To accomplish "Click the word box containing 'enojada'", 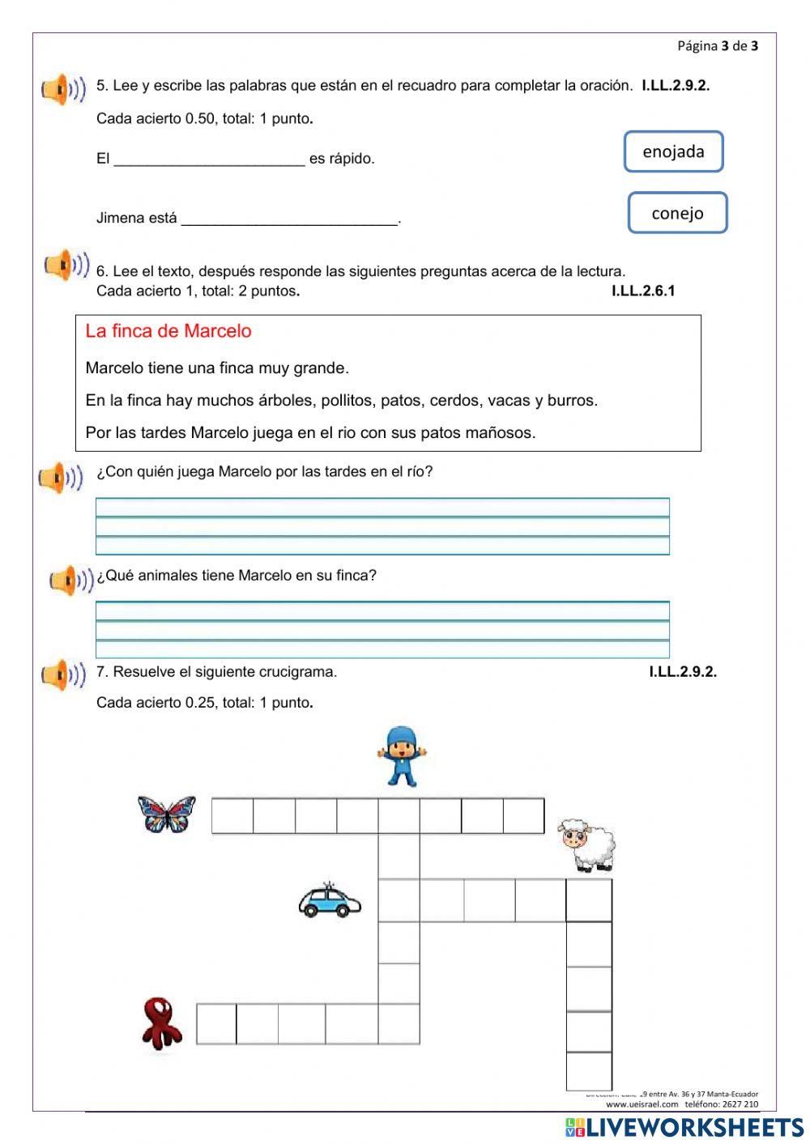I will (x=673, y=151).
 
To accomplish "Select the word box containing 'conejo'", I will (x=677, y=213).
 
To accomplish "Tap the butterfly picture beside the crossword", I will (x=167, y=814).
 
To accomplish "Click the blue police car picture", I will (x=329, y=900).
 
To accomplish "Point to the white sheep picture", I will (x=588, y=844).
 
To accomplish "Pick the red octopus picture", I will (x=161, y=1023).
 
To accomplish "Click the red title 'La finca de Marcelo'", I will (x=168, y=331).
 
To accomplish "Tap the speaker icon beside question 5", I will (x=63, y=90).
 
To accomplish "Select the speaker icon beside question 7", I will (x=63, y=675).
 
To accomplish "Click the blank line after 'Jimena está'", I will (x=290, y=219).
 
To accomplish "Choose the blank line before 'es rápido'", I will (x=209, y=159).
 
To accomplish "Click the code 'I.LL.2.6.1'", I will (x=642, y=291).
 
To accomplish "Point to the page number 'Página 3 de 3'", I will (x=718, y=46).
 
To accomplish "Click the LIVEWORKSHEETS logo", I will (x=684, y=1127).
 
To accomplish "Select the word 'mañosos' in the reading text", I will (x=505, y=433).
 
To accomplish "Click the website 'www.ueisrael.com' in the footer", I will (x=642, y=1104).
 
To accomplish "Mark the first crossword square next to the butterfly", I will (x=232, y=816).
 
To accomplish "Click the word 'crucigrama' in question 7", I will (x=301, y=672).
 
